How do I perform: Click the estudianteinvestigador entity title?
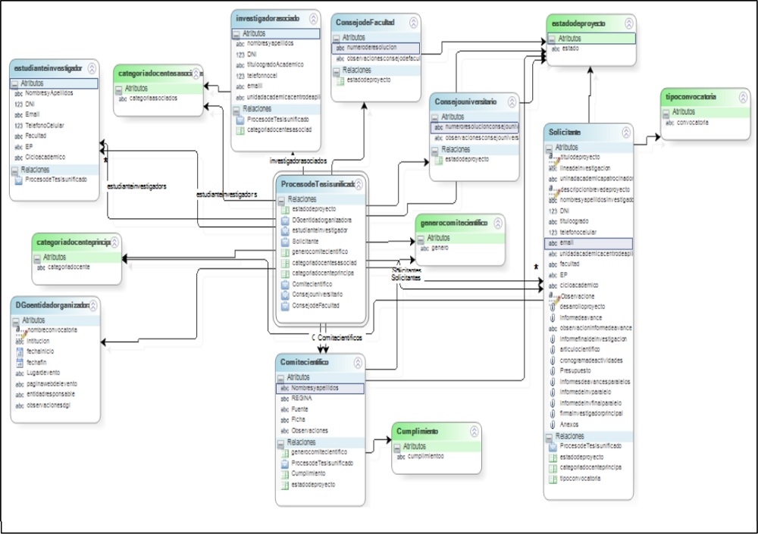click(x=48, y=68)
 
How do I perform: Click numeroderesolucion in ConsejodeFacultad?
click(x=373, y=47)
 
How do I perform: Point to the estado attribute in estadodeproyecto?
click(x=570, y=48)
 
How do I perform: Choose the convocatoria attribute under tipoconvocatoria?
click(x=691, y=123)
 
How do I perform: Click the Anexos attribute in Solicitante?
click(x=570, y=424)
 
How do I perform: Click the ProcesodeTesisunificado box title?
click(x=318, y=184)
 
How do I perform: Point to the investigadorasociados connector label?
click(x=299, y=161)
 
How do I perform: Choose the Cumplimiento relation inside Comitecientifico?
click(x=309, y=473)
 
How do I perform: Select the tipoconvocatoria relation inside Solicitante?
click(x=580, y=479)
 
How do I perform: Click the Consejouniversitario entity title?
click(x=465, y=101)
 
